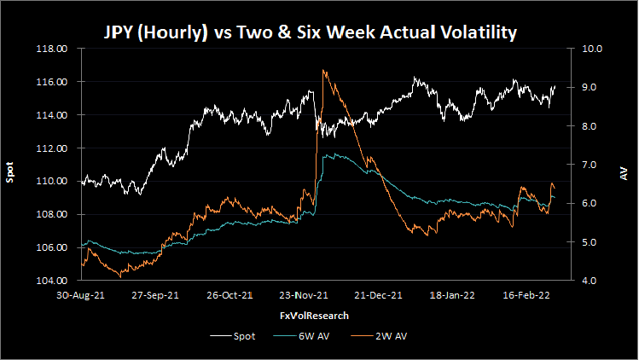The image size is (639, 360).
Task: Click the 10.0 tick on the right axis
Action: [x=591, y=49]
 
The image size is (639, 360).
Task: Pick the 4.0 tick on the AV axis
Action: [x=591, y=281]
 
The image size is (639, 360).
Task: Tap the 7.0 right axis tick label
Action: [x=591, y=165]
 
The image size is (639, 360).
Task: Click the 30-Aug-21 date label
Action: [x=81, y=296]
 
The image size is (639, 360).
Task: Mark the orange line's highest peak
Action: [x=323, y=70]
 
